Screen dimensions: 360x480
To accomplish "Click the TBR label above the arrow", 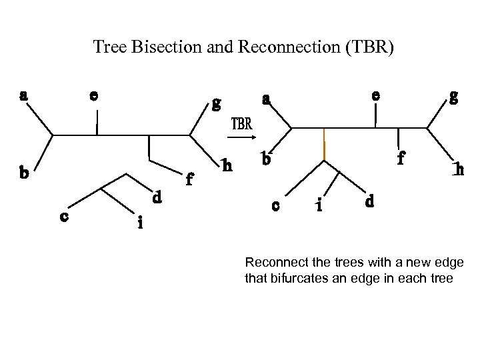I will click(241, 124).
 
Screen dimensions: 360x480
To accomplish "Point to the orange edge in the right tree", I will click(323, 145).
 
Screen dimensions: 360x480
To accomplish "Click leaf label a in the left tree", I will click(23, 95).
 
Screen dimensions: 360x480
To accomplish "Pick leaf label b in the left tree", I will click(23, 174).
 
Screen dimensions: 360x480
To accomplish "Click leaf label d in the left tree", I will click(156, 197).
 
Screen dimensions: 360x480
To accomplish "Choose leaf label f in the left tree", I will click(190, 179).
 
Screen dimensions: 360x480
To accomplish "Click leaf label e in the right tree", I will click(376, 95).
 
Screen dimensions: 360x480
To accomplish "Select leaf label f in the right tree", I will click(401, 159).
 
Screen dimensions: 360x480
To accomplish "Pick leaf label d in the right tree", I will click(371, 200).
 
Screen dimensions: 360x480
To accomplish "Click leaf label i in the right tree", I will click(319, 206).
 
